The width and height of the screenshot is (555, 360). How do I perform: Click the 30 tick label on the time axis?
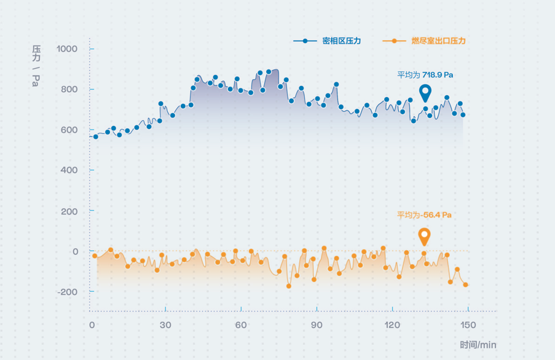point(165,325)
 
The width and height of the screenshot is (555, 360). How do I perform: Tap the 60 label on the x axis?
point(241,325)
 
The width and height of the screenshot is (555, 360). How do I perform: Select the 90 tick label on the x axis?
point(317,325)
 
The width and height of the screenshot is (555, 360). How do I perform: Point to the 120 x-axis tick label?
point(392,325)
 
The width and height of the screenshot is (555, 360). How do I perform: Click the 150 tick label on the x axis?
point(468,325)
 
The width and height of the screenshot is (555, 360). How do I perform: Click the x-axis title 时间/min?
point(478,345)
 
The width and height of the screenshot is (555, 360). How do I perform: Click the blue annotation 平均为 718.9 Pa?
point(425,75)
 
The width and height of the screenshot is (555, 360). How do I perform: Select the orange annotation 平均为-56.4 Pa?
point(424,215)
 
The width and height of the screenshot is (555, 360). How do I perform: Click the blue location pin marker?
point(425,93)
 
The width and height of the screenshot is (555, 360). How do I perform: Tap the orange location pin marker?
point(423,237)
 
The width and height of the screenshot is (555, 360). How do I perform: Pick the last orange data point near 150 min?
point(465,285)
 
